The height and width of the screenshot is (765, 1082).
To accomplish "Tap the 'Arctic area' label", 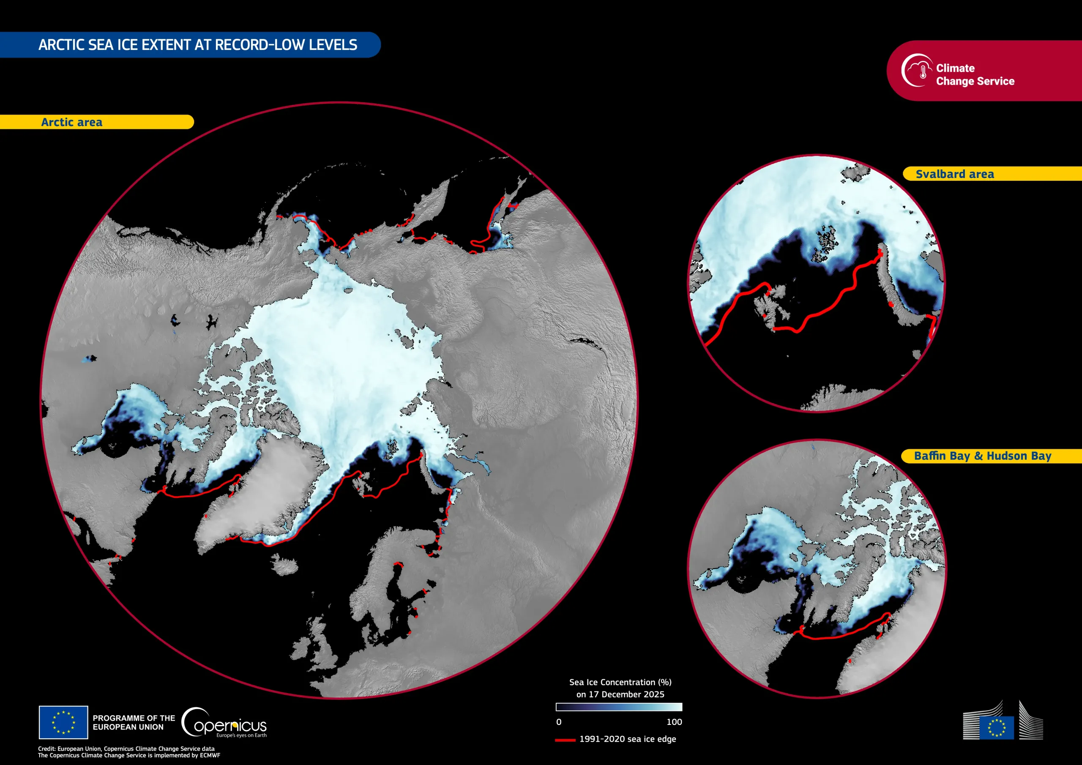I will tap(71, 122).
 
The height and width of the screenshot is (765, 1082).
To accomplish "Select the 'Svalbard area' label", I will tap(955, 174).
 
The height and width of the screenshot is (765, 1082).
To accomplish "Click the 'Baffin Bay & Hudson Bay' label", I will tap(983, 456).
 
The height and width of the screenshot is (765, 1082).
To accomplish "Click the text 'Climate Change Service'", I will tap(975, 74).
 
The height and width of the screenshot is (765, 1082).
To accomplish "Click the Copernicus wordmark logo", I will tap(225, 722).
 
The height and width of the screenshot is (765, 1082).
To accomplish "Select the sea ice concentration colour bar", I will tap(619, 707).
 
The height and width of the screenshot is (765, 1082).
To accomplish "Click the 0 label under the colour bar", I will tap(559, 721).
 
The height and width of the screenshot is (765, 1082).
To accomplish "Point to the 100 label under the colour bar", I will tap(674, 721).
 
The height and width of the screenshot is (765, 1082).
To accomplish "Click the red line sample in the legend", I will tap(565, 740).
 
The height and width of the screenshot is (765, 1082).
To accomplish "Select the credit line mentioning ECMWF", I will tap(128, 755).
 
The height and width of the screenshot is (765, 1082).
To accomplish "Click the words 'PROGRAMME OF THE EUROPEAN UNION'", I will tap(134, 722).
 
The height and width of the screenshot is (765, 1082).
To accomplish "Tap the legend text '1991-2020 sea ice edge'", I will tap(627, 739).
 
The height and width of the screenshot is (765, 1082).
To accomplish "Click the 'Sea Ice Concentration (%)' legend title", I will tap(620, 682).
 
